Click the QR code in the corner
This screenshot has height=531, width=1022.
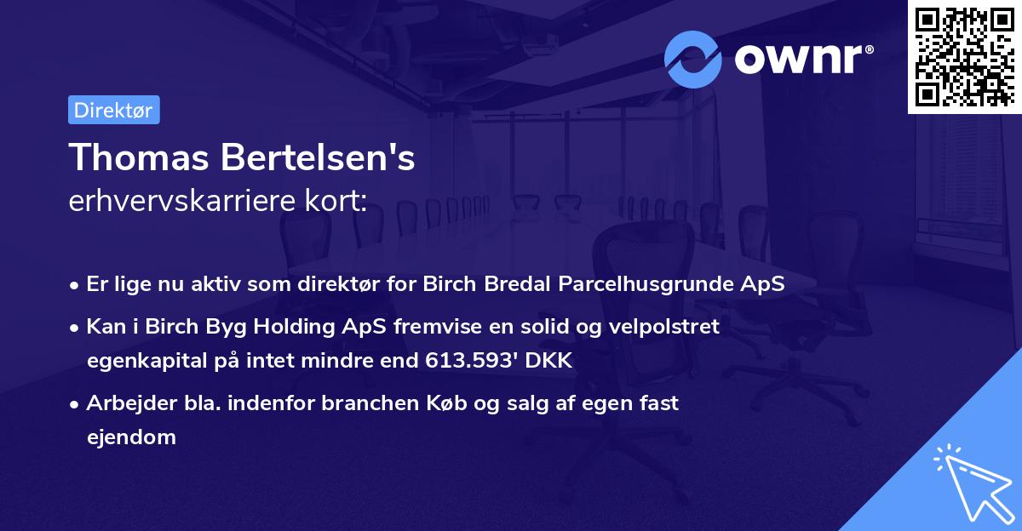[x=964, y=56]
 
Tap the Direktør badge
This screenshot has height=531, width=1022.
[x=113, y=110]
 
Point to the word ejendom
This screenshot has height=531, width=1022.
[x=130, y=437]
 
